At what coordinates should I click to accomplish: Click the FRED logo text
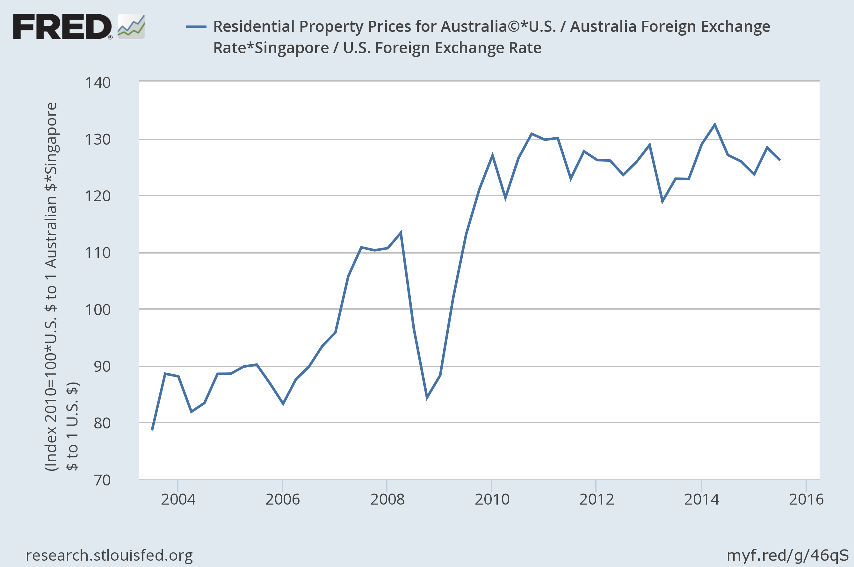click(x=62, y=27)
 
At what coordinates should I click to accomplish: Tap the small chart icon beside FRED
click(x=131, y=27)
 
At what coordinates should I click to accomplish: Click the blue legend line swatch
click(x=196, y=27)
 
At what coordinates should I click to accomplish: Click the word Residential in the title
click(x=254, y=27)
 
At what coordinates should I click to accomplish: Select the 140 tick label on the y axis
click(x=98, y=83)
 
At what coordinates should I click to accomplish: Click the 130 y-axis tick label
click(x=98, y=140)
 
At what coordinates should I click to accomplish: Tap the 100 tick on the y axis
click(x=98, y=310)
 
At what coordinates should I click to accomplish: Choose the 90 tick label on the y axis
click(x=102, y=367)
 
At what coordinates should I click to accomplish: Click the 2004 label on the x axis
click(x=178, y=500)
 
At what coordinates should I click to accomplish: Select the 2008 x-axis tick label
click(x=387, y=500)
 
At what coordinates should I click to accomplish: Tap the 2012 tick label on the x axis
click(x=597, y=500)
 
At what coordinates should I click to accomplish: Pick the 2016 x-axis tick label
click(x=806, y=500)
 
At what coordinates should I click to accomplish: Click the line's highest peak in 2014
click(x=715, y=125)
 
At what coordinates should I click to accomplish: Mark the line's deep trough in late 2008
click(x=427, y=398)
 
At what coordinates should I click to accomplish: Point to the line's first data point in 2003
click(x=152, y=430)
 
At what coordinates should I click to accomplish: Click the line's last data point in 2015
click(x=780, y=160)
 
